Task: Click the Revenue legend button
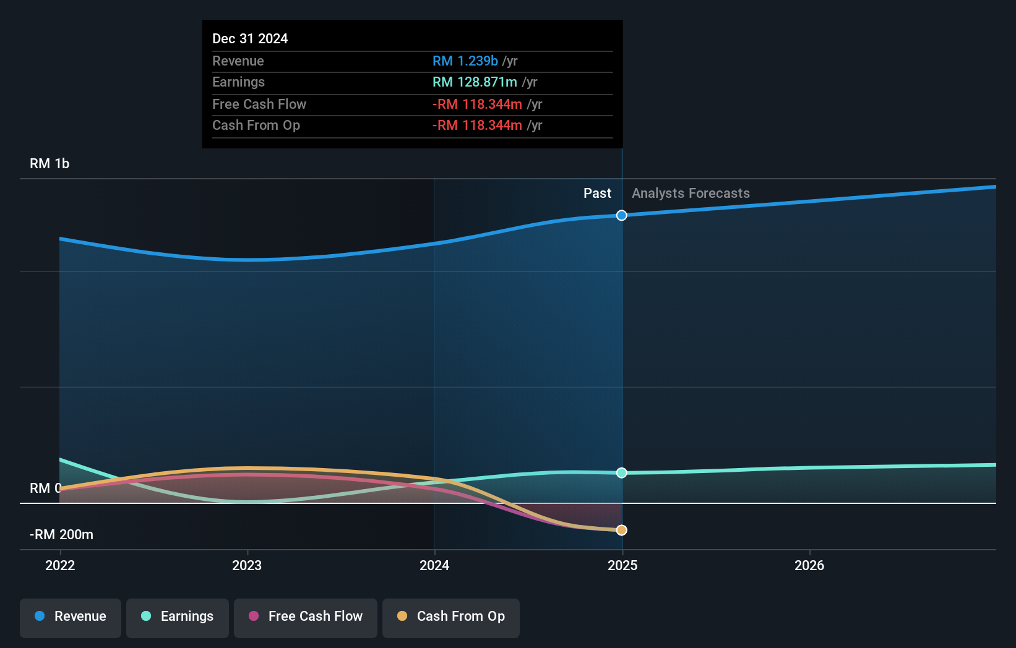pos(71,617)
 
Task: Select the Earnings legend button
pos(178,617)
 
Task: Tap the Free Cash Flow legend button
pos(306,617)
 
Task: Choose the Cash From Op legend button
pos(451,617)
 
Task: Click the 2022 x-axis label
pos(60,566)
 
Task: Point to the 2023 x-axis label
pos(247,566)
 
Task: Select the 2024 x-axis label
pos(434,566)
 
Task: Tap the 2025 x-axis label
pos(622,566)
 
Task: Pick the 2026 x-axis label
pos(809,566)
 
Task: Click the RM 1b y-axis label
pos(50,164)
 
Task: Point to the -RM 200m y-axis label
pos(61,535)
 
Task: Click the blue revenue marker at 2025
pos(622,215)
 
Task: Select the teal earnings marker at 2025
pos(622,473)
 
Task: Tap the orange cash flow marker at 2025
pos(622,531)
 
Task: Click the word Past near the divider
pos(597,194)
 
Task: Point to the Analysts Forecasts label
pos(691,194)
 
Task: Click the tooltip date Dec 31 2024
pos(250,39)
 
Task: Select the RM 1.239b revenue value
pos(465,61)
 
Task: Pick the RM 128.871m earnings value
pos(475,82)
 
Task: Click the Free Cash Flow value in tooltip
pos(477,104)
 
